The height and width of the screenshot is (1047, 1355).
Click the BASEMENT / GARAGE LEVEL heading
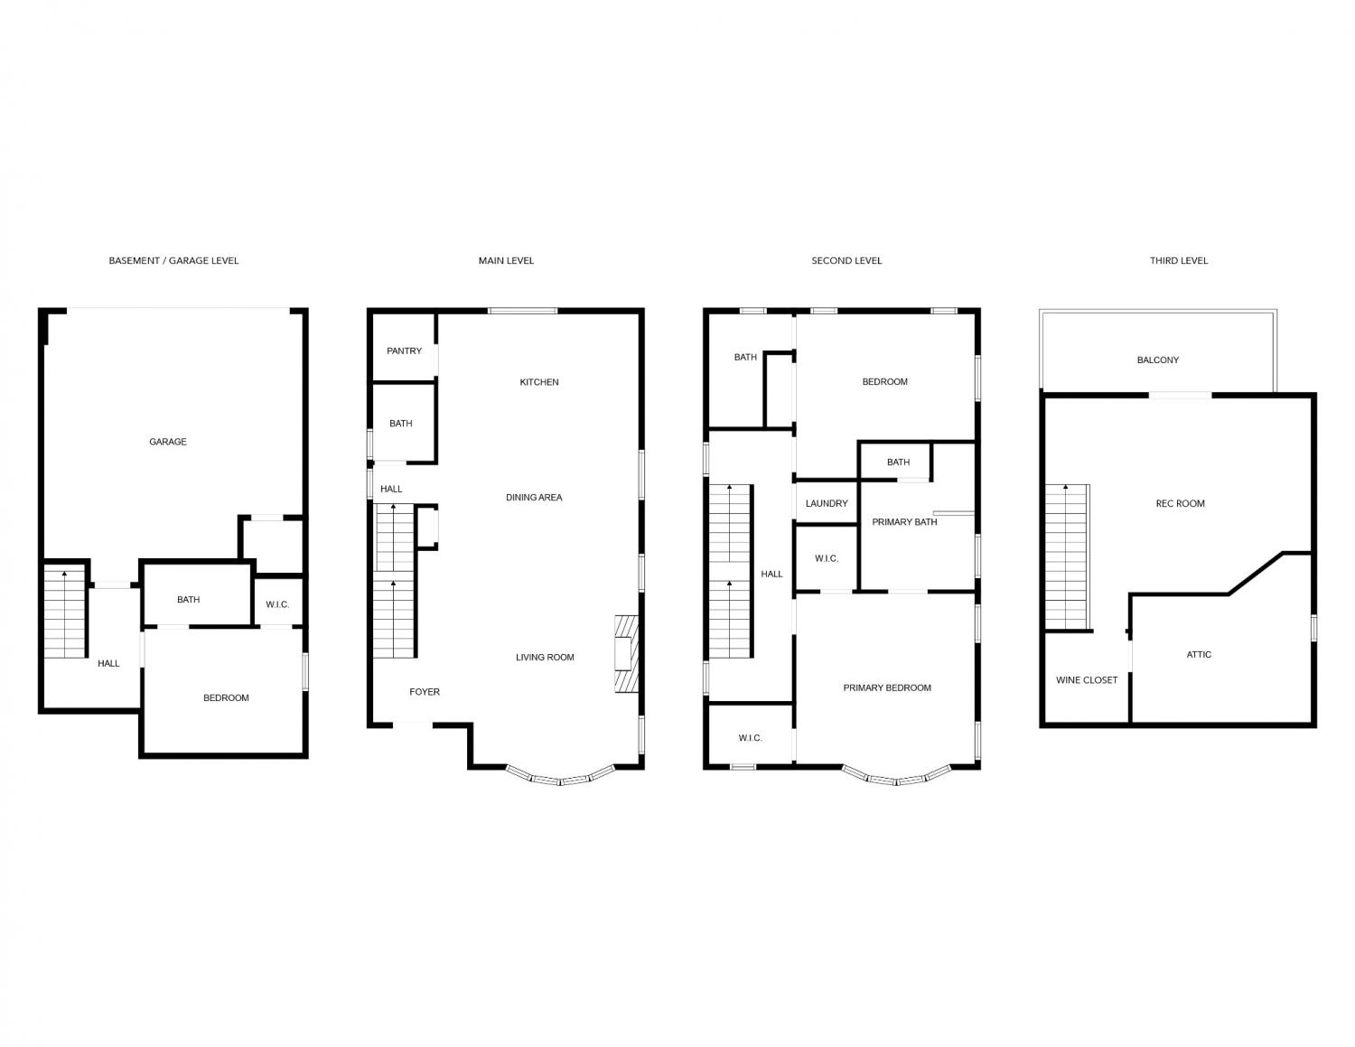pyautogui.click(x=173, y=261)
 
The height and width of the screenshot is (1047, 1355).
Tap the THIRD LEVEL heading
pyautogui.click(x=1179, y=261)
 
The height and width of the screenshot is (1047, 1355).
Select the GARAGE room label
pyautogui.click(x=168, y=442)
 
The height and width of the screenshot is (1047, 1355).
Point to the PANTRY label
pyautogui.click(x=404, y=351)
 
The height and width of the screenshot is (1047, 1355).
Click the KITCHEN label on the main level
pyautogui.click(x=539, y=382)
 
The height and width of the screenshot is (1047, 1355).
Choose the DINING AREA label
pyautogui.click(x=534, y=498)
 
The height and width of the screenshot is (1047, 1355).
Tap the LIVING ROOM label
pyautogui.click(x=545, y=658)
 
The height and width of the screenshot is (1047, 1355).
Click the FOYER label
pyautogui.click(x=425, y=692)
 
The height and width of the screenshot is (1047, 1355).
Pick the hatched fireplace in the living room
pyautogui.click(x=626, y=653)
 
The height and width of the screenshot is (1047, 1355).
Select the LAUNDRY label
pyautogui.click(x=827, y=503)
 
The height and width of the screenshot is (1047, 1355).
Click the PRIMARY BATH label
pyautogui.click(x=904, y=522)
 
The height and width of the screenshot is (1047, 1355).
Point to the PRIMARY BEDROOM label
pyautogui.click(x=887, y=687)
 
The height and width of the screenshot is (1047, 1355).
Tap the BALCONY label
pyautogui.click(x=1158, y=360)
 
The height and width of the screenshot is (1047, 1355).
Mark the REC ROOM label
pyautogui.click(x=1180, y=504)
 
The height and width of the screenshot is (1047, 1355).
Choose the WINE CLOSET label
pyautogui.click(x=1087, y=680)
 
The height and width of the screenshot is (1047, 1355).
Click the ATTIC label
pyautogui.click(x=1199, y=655)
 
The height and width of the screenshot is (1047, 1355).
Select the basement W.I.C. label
pyautogui.click(x=277, y=604)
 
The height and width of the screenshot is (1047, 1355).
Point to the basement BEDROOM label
pyautogui.click(x=226, y=697)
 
